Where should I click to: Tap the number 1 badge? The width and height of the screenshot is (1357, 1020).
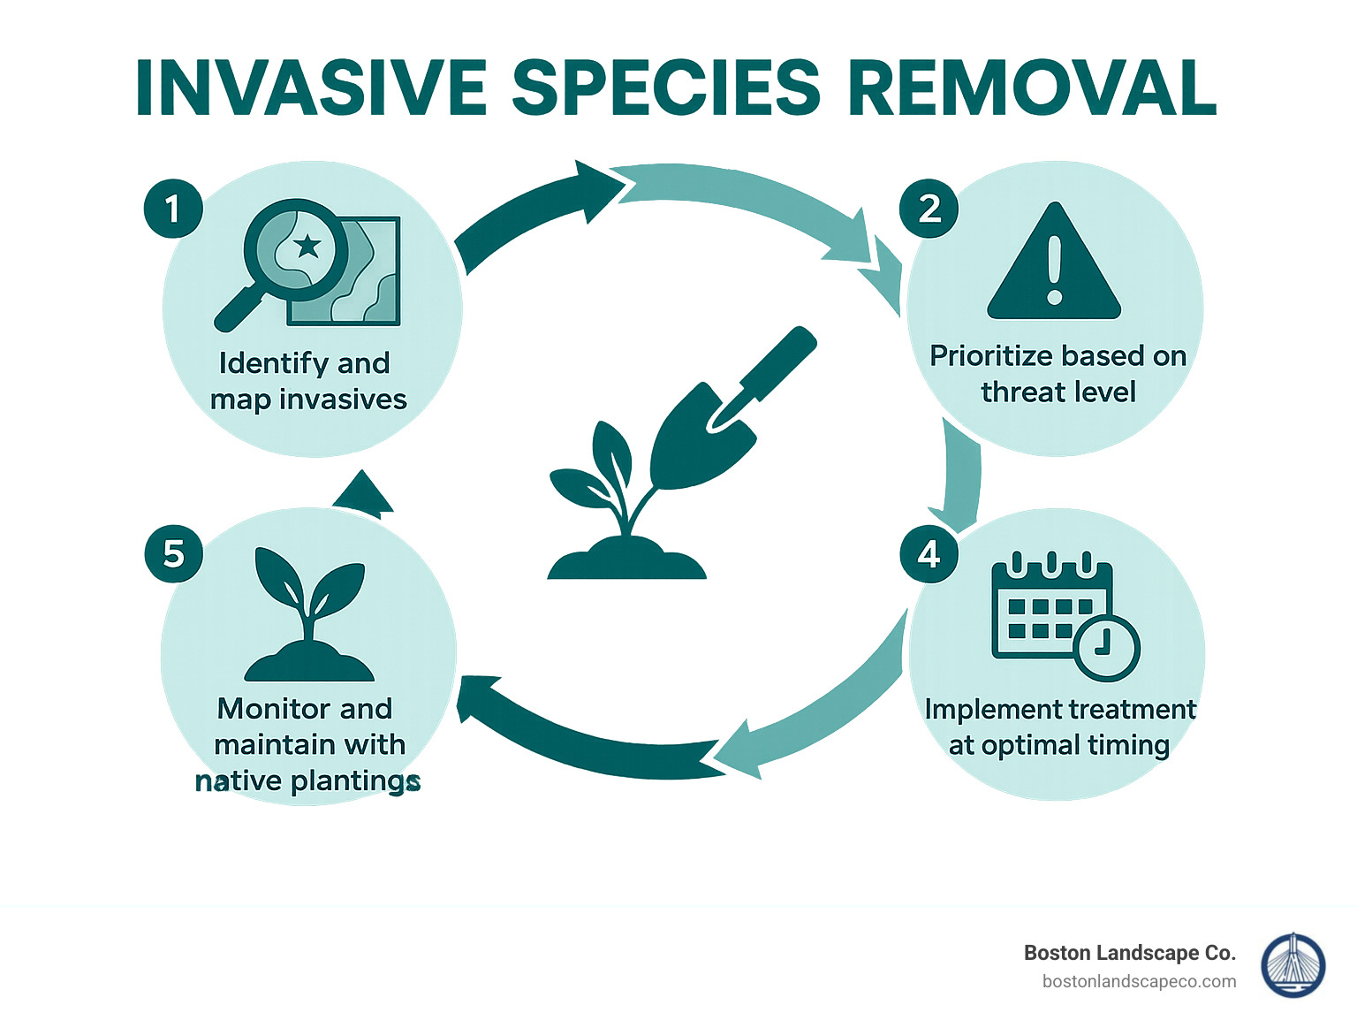coord(173,209)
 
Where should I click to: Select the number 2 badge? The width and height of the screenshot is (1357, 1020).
coord(929,209)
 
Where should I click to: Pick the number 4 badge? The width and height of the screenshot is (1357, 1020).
coord(929,554)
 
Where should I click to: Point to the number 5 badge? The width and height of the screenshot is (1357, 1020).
coord(174,554)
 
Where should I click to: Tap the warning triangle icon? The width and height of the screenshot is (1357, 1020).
coord(1054,263)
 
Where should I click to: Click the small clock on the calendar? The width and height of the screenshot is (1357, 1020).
coord(1107,647)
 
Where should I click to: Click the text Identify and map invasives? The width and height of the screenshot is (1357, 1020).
coord(307,381)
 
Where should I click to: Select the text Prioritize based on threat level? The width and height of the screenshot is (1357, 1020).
coord(1058,373)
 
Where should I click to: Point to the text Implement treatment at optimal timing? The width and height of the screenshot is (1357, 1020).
coord(1059,727)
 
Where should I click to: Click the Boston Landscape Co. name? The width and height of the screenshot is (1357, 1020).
coord(1129,953)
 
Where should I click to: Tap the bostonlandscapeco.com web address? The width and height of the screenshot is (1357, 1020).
coord(1139,981)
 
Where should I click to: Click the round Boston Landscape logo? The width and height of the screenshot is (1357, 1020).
coord(1293,966)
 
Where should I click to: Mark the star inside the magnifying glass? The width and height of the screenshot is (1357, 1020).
coord(307,245)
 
